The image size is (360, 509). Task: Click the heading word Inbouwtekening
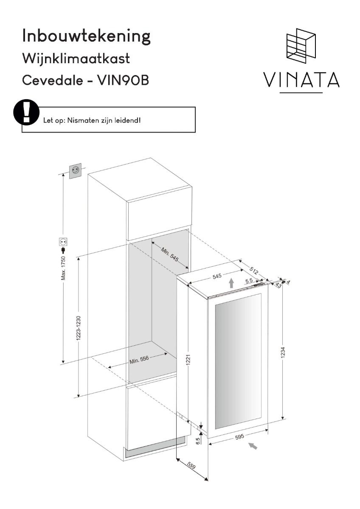tap(86, 36)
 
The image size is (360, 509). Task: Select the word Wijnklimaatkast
tap(76, 59)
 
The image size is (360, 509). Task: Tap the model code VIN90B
tap(123, 81)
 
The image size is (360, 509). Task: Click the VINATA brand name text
tap(301, 80)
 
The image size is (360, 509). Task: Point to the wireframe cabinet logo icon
tap(301, 46)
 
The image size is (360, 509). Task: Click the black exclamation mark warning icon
tap(26, 112)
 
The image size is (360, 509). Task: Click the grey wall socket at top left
tap(75, 171)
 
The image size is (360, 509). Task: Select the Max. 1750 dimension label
tap(63, 268)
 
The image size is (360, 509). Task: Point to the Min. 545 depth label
tap(170, 255)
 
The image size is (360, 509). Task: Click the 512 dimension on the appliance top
tap(254, 271)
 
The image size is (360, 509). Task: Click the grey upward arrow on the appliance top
tap(231, 283)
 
